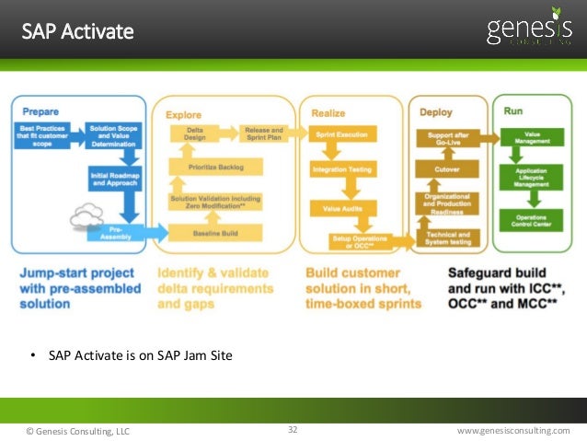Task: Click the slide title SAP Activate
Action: pos(78,32)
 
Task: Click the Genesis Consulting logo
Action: pos(528,31)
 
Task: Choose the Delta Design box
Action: pos(194,133)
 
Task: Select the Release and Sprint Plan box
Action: pos(264,133)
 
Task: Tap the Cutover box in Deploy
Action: pos(447,169)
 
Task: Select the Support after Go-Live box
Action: pos(447,137)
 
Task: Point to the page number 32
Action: pos(293,429)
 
